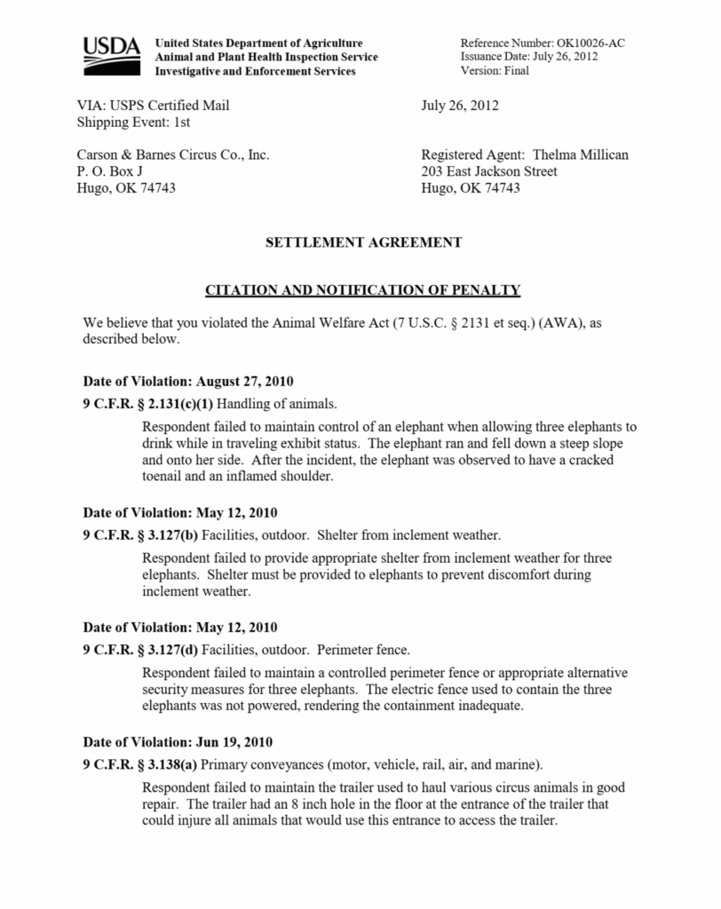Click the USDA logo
[x=111, y=56]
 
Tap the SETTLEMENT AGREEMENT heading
[x=363, y=241]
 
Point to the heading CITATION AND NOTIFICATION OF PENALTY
[x=363, y=290]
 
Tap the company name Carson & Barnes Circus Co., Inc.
[x=173, y=154]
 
